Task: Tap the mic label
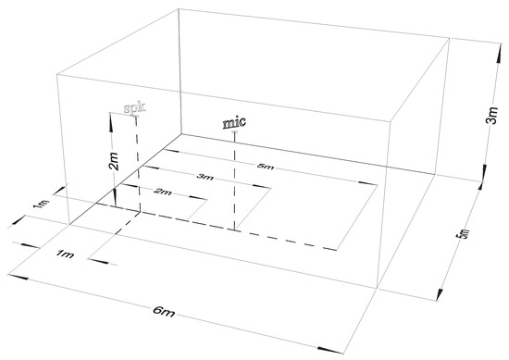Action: click(x=235, y=121)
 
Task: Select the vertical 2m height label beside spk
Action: click(x=113, y=163)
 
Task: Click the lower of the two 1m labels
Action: click(x=64, y=254)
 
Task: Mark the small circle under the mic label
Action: click(x=235, y=132)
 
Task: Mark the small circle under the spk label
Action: click(x=137, y=116)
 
